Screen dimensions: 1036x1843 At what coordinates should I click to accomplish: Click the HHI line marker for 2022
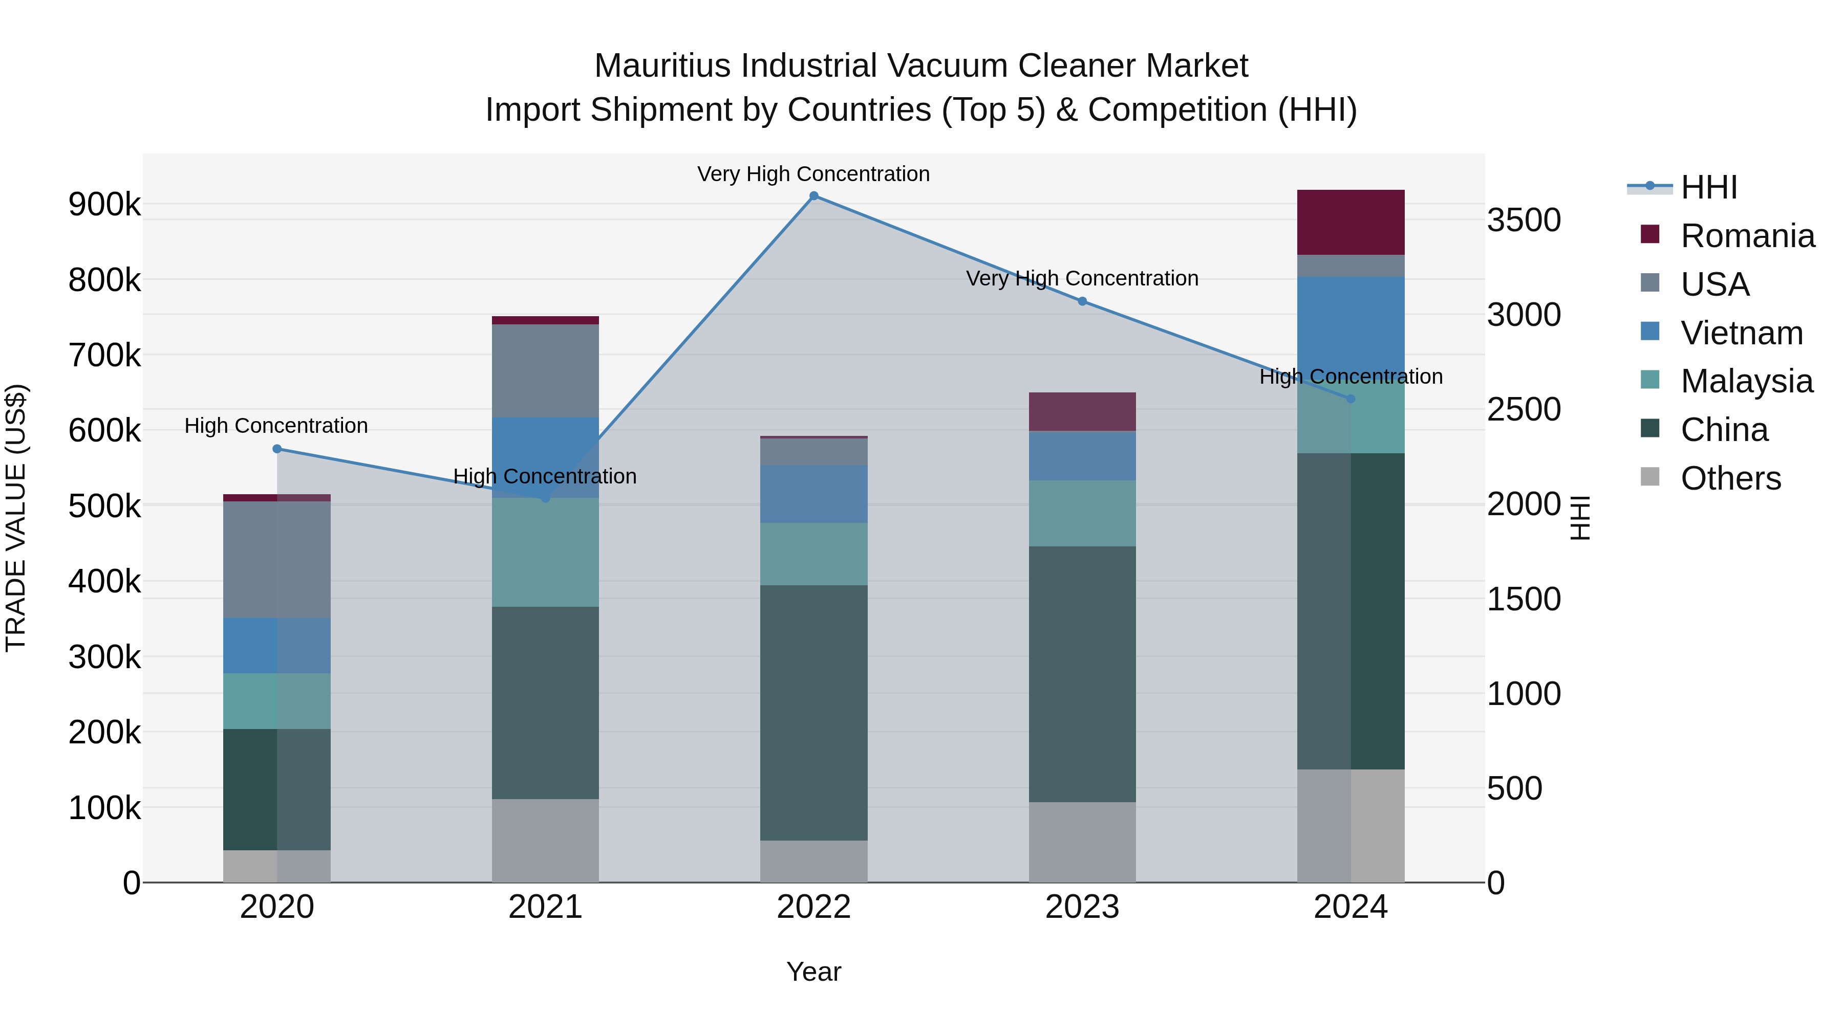pyautogui.click(x=813, y=196)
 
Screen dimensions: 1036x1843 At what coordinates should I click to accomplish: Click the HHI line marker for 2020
pyautogui.click(x=277, y=449)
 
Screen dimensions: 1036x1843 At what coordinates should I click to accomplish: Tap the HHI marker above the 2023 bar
pyautogui.click(x=1082, y=302)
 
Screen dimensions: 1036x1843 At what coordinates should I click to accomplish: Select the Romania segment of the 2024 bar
pyautogui.click(x=1351, y=223)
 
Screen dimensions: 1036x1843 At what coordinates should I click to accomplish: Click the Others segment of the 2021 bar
pyautogui.click(x=545, y=841)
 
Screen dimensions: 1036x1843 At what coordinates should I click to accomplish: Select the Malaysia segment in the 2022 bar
pyautogui.click(x=813, y=554)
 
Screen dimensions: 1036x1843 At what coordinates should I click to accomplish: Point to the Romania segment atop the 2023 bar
pyautogui.click(x=1082, y=412)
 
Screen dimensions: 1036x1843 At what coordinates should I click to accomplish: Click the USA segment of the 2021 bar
pyautogui.click(x=545, y=370)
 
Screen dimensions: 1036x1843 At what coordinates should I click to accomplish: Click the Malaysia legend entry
pyautogui.click(x=1746, y=381)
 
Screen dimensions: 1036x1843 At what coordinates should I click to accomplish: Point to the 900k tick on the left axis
pyautogui.click(x=104, y=205)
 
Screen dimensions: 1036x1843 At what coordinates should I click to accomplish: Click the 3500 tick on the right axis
pyautogui.click(x=1523, y=220)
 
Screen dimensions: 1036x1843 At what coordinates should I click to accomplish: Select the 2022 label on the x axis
pyautogui.click(x=813, y=907)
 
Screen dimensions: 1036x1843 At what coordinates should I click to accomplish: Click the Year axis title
pyautogui.click(x=813, y=972)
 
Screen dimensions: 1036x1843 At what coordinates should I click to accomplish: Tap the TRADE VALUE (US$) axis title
pyautogui.click(x=16, y=518)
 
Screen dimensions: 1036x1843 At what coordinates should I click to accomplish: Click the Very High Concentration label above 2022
pyautogui.click(x=813, y=174)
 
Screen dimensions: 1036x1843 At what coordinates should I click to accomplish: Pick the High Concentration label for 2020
pyautogui.click(x=276, y=426)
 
